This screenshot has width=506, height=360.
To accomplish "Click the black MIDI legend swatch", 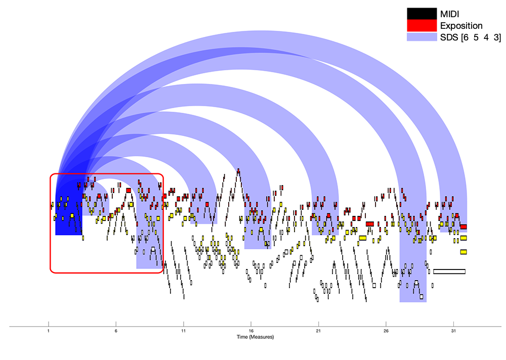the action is tap(421, 14).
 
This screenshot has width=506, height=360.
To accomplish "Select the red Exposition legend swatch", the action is tap(421, 25).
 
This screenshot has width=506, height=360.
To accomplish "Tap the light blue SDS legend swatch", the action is tap(421, 37).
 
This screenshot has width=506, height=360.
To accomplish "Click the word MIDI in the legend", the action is tap(449, 14).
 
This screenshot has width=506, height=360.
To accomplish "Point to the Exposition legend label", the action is tap(461, 26).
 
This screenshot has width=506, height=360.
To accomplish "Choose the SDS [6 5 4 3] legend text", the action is tap(471, 37).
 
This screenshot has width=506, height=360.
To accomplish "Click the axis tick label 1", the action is tap(49, 331).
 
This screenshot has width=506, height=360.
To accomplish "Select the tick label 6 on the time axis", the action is tap(116, 331).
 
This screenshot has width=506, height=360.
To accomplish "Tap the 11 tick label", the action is tap(183, 331).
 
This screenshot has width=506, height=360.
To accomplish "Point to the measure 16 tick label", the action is tap(251, 331).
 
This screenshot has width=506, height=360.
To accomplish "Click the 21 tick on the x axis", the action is tap(318, 331).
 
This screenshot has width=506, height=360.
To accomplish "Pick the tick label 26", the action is tap(386, 331).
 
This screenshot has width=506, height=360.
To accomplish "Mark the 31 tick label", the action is tap(453, 331).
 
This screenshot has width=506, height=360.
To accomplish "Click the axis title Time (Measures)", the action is tap(255, 337).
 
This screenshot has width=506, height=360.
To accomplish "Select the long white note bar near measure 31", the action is tap(449, 272).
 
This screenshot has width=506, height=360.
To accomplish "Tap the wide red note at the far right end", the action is tap(463, 227).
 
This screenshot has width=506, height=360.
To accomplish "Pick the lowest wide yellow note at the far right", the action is tap(463, 252).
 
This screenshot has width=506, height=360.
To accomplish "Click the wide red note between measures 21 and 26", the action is tap(370, 224).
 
